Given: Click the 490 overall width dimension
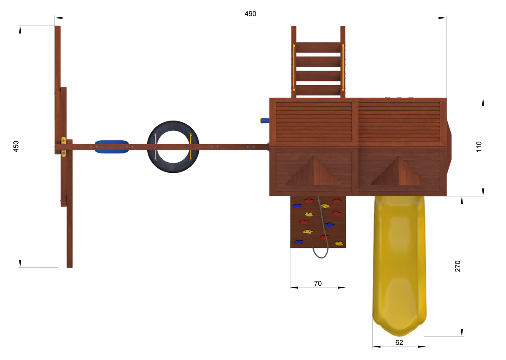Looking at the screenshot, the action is (x=250, y=14).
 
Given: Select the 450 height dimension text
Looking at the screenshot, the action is (x=16, y=146).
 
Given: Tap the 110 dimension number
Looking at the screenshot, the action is (x=479, y=147).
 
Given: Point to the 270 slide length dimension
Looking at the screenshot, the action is (x=458, y=266).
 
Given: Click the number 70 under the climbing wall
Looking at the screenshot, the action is (x=318, y=283).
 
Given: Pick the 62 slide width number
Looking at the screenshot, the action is (x=399, y=342).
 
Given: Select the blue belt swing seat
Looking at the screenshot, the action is (x=112, y=147).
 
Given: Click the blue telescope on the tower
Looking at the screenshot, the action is (x=264, y=121).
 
